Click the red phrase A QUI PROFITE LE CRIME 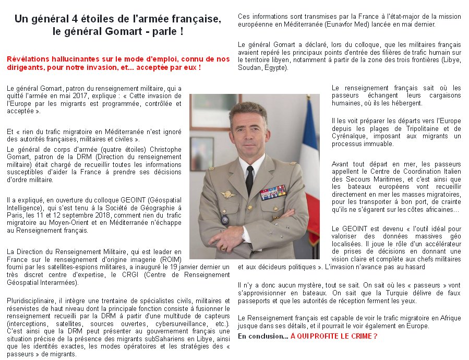coord(334,337)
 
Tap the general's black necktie coord(250,180)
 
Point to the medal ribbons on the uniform coord(273,192)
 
